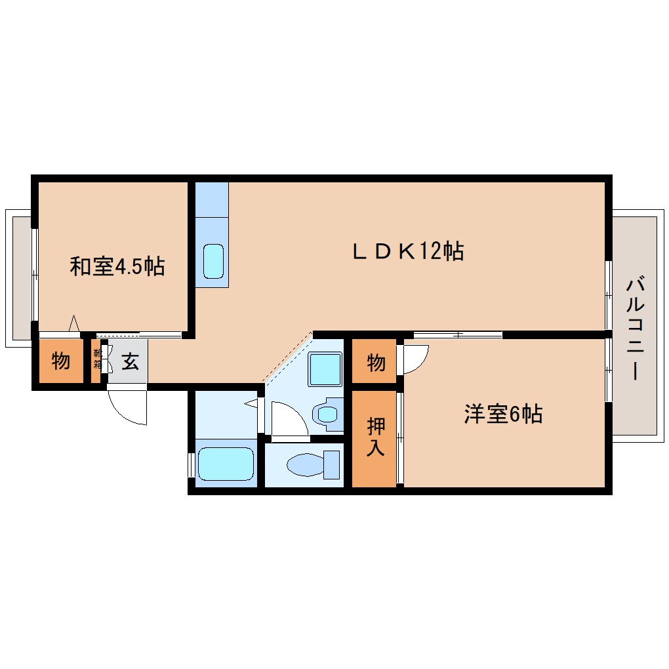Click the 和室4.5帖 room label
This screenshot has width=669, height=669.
(x=117, y=267)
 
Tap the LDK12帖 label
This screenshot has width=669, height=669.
(x=408, y=251)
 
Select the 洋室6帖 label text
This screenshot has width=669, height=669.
(x=502, y=415)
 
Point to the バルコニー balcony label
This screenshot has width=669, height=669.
(x=634, y=328)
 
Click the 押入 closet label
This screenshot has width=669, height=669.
(x=375, y=438)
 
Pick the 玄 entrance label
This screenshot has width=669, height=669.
(x=130, y=361)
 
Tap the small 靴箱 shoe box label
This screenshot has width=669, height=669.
(x=98, y=359)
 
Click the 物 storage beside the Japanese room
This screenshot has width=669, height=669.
(x=60, y=361)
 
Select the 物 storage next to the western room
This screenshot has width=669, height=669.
(x=375, y=361)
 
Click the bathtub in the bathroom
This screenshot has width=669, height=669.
(x=225, y=464)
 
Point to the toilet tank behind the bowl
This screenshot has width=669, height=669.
(x=333, y=465)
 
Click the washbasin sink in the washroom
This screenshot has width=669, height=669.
(x=327, y=415)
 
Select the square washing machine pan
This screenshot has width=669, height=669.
(x=325, y=369)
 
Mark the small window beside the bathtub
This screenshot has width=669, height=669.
(x=191, y=464)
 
